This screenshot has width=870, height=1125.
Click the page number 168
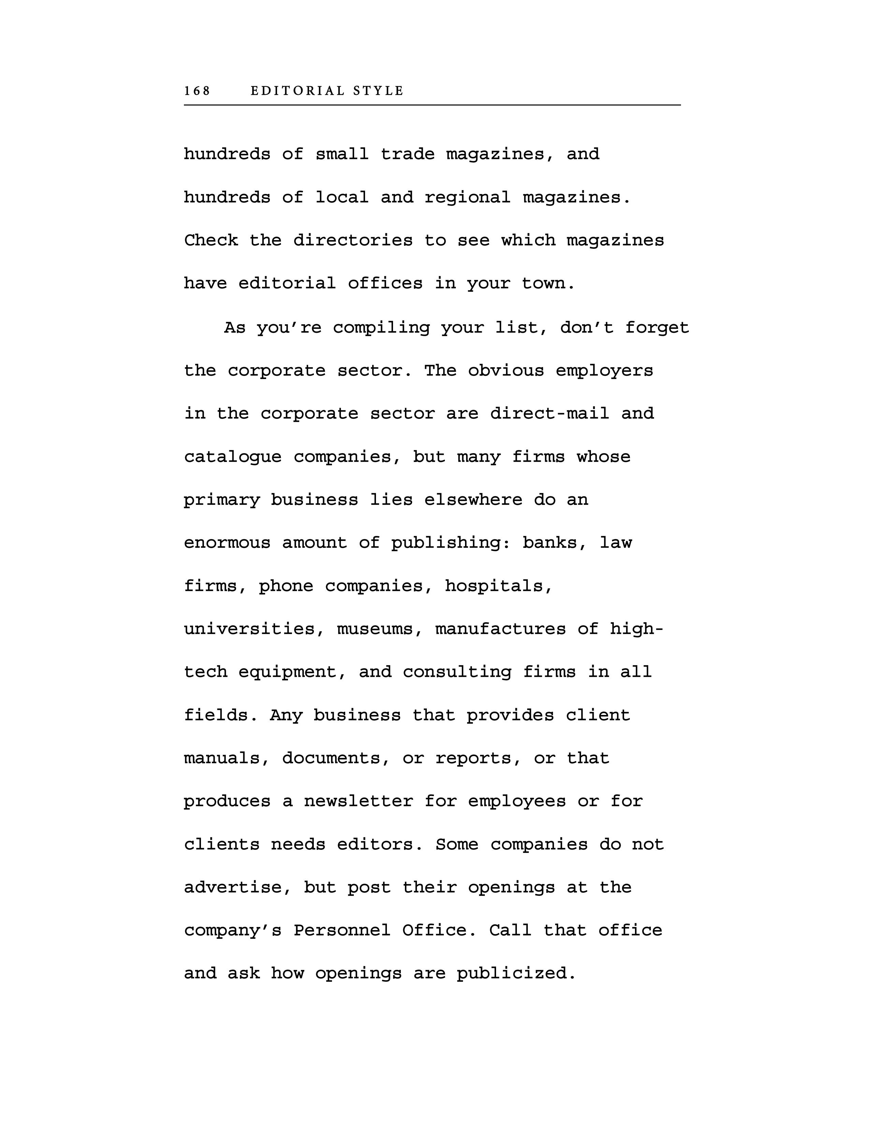click(198, 91)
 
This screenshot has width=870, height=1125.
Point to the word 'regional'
click(467, 198)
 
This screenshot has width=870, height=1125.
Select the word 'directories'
click(353, 241)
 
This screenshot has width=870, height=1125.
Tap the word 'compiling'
click(381, 328)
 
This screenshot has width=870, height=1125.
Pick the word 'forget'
click(657, 328)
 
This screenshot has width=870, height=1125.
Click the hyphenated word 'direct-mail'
click(549, 414)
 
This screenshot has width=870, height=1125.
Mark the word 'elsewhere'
click(473, 500)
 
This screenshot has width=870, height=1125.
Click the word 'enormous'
click(227, 543)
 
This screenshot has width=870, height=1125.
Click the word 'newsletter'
click(359, 801)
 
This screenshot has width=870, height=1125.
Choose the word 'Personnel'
click(342, 930)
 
